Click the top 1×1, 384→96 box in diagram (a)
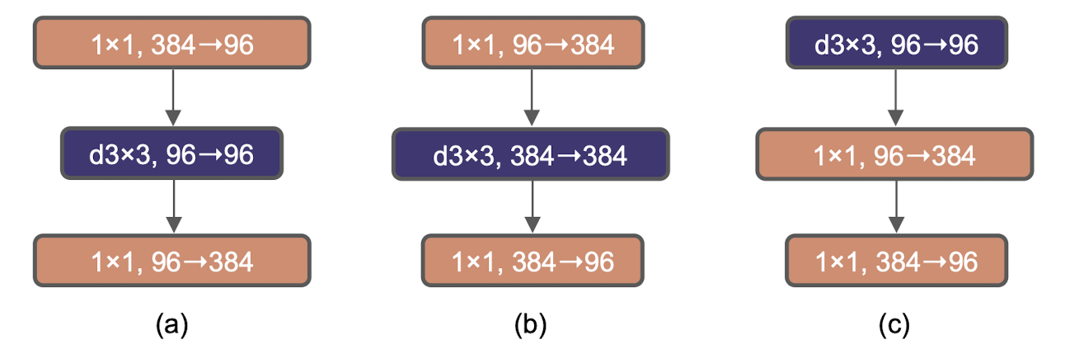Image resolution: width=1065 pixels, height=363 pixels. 171,43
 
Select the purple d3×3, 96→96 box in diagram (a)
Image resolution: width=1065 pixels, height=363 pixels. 171,153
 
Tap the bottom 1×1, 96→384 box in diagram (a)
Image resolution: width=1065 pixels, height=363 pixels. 171,261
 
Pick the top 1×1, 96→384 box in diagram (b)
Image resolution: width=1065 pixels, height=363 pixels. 532,43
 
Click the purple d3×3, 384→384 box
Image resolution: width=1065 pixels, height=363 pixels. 532,153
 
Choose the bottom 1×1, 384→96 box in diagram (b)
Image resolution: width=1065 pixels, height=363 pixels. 532,261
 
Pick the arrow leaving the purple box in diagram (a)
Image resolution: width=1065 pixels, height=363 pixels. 171,206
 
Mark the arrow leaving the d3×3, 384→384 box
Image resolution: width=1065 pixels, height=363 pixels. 532,206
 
